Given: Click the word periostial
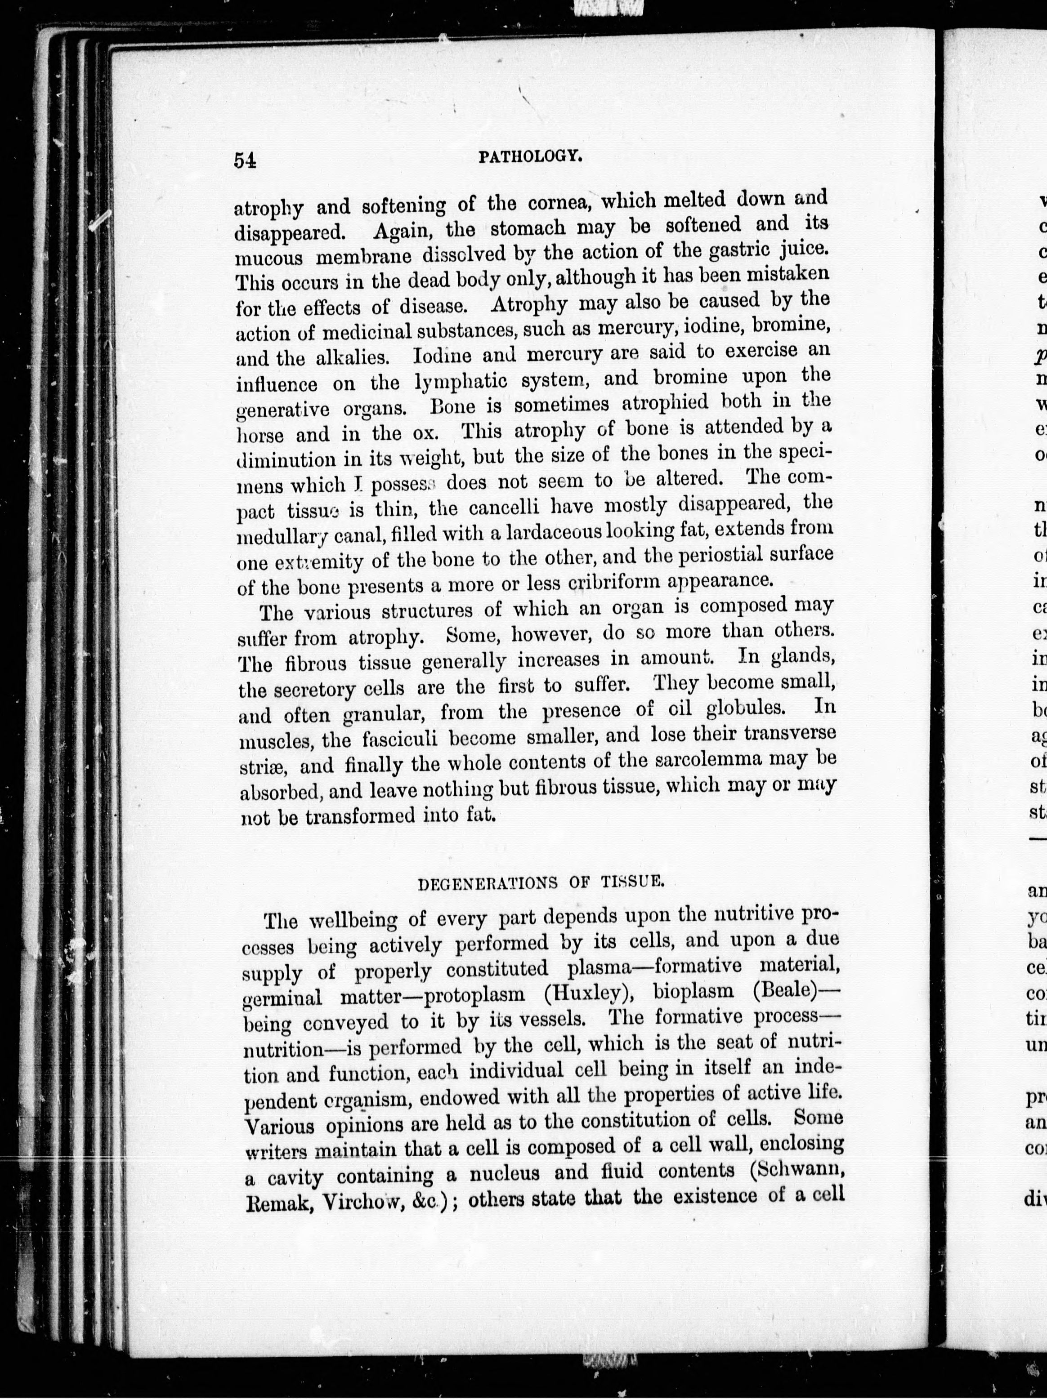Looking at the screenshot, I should pyautogui.click(x=707, y=555).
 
